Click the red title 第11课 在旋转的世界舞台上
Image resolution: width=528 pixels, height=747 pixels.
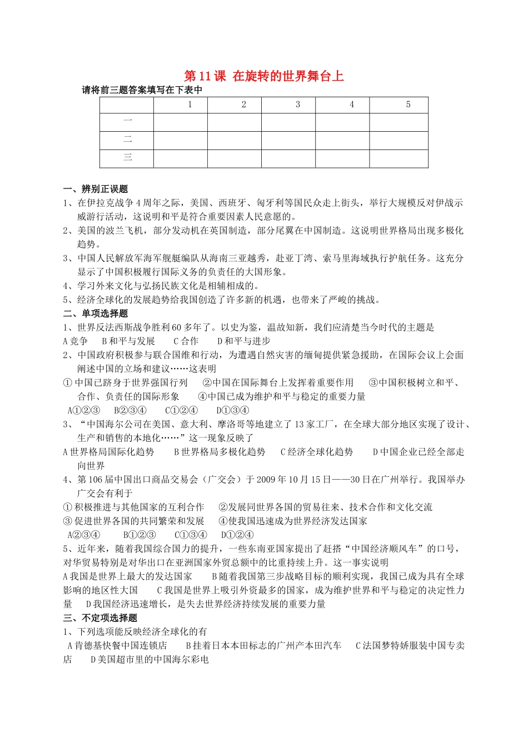click(263, 76)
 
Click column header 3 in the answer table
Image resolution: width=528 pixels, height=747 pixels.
click(298, 104)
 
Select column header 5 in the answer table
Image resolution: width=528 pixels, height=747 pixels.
click(408, 104)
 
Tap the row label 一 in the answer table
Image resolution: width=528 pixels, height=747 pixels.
click(127, 121)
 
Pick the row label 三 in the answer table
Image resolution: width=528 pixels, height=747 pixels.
click(127, 158)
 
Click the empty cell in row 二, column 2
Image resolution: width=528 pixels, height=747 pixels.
click(235, 140)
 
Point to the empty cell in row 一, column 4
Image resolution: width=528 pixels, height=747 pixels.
click(342, 122)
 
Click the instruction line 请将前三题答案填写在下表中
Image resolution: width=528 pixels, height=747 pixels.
click(142, 90)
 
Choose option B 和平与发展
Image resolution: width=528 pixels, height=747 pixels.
click(128, 341)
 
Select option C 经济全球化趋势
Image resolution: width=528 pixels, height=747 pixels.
click(317, 452)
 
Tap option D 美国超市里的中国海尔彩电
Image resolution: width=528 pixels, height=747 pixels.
click(150, 660)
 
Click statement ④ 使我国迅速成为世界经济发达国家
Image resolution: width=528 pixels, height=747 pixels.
click(293, 521)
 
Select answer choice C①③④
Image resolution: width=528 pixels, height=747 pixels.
click(191, 535)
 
